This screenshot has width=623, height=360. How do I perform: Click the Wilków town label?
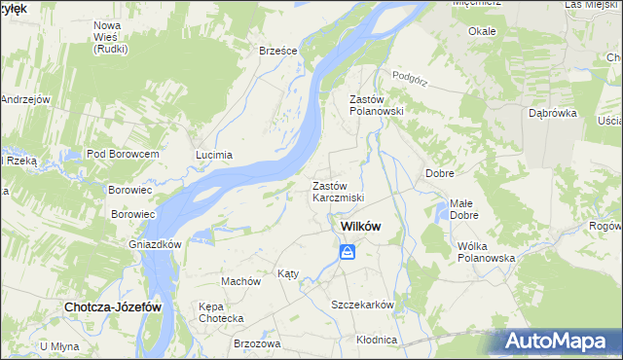click(359, 227)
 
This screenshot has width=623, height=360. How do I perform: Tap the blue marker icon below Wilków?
click(348, 253)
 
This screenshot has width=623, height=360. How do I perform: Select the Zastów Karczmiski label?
click(338, 192)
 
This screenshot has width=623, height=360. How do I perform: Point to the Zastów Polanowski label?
click(376, 105)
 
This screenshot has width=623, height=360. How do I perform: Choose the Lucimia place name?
click(214, 155)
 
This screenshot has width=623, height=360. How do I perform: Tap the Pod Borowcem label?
click(122, 155)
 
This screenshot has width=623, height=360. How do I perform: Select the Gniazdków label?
click(156, 244)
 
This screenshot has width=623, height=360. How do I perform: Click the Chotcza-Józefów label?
click(112, 306)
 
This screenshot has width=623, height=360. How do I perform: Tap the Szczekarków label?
click(362, 305)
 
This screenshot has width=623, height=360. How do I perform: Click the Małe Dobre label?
click(463, 209)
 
